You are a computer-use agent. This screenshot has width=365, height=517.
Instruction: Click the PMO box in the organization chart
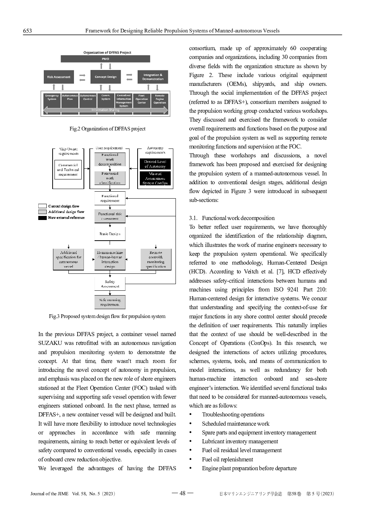coord(105,59)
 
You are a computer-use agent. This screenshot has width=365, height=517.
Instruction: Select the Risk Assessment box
coord(59,77)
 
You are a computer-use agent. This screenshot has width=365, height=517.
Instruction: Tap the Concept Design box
coord(105,77)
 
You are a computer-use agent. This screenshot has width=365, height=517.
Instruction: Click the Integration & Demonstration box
coord(153,77)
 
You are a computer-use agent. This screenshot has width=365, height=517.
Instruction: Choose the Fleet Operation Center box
coord(142,99)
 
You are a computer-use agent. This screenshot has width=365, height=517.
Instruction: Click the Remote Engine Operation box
coord(160,99)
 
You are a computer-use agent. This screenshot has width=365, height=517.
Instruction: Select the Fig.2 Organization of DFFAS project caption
coord(107,129)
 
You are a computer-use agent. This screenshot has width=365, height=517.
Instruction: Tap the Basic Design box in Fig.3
coord(110,234)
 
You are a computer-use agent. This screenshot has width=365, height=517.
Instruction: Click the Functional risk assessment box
coord(110,216)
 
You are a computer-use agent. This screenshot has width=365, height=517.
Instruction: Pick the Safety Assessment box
coord(110,284)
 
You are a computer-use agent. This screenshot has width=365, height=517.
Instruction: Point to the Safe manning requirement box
coord(110,302)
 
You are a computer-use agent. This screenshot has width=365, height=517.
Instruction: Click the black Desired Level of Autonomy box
coord(155,164)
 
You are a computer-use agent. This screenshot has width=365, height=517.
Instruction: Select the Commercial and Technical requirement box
coord(68,170)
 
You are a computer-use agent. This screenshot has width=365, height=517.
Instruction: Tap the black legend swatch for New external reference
coord(42,218)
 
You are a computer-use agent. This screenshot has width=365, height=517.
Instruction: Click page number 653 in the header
coord(27,31)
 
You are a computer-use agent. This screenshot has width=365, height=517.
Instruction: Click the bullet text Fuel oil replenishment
coord(227,460)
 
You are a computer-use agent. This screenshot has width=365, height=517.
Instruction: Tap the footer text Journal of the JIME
coord(49,494)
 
